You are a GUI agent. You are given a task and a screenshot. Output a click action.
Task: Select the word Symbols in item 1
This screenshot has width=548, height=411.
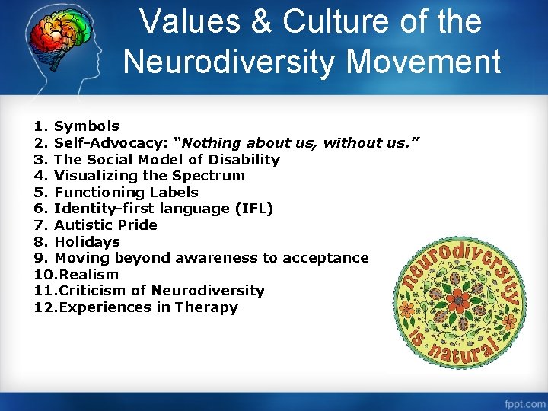point(87,126)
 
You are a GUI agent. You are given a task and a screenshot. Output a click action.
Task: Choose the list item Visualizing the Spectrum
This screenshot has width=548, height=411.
point(149,176)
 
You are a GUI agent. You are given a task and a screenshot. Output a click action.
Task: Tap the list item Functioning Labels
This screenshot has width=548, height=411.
point(126,193)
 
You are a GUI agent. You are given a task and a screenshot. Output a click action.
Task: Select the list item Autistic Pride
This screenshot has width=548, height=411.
point(106,225)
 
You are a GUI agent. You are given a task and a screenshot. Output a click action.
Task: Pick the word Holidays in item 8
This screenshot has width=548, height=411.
point(87,242)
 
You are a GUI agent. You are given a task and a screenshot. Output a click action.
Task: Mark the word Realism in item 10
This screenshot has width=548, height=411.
point(89,275)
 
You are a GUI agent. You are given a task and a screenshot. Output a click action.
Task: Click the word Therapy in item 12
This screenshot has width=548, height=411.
point(206,307)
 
